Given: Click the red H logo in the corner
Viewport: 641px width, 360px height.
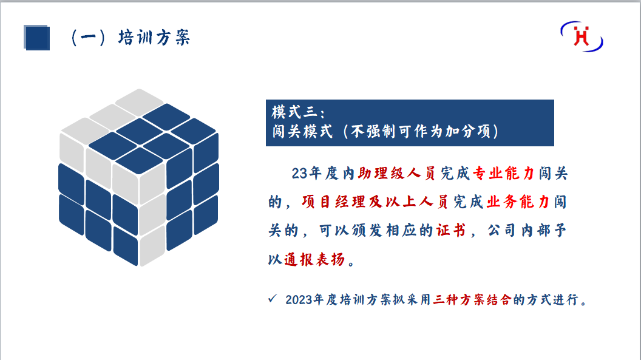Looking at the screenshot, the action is click(582, 36).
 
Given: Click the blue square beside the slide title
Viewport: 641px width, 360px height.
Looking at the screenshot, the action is click(37, 38).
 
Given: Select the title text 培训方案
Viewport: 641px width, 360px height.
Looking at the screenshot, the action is click(154, 38).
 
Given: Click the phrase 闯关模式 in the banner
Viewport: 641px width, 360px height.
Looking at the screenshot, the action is click(302, 132).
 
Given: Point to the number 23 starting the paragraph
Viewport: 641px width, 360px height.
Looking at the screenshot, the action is click(299, 174).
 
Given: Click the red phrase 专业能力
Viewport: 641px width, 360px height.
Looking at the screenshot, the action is click(503, 173).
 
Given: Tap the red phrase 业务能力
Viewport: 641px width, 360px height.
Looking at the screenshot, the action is click(518, 202).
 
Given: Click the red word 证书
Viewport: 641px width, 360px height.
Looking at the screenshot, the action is click(451, 231).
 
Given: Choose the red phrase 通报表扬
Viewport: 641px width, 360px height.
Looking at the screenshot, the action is click(314, 259).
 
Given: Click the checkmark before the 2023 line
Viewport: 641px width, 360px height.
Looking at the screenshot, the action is click(273, 299).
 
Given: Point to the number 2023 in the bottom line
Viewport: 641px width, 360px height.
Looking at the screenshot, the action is click(299, 300).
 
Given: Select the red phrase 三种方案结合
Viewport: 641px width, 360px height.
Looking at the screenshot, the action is click(472, 300).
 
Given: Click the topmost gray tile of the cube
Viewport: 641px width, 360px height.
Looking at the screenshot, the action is click(140, 101).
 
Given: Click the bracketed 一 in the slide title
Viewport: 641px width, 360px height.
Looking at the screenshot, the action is click(88, 38).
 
